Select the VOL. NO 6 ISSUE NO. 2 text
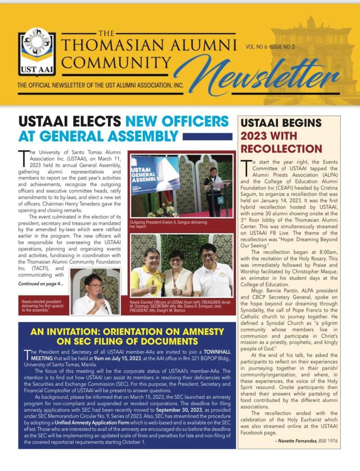tap(270, 47)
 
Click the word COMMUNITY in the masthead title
tap(116, 62)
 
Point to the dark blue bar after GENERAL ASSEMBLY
tap(207, 137)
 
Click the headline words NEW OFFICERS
tap(177, 121)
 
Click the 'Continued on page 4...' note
tap(41, 284)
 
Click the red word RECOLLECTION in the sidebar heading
tap(281, 149)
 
